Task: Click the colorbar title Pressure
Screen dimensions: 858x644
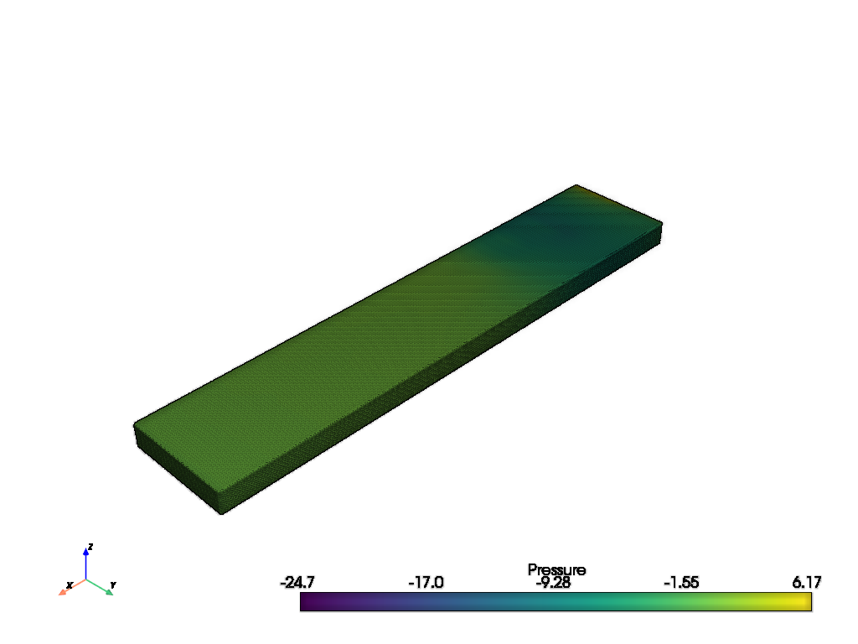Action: click(556, 569)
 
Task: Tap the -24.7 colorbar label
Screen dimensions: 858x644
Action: click(297, 582)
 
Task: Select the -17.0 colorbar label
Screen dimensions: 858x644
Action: click(426, 582)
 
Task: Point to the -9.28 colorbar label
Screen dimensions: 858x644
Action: click(553, 583)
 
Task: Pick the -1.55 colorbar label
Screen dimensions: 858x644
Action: click(681, 582)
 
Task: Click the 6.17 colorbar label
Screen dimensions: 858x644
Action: click(807, 582)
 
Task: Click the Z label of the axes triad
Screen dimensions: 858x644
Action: click(90, 547)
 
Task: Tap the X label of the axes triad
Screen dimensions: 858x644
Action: click(70, 585)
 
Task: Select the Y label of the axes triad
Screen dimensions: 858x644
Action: click(113, 584)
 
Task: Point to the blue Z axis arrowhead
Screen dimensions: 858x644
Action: click(86, 552)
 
